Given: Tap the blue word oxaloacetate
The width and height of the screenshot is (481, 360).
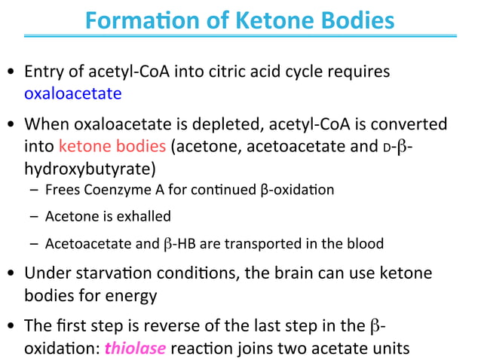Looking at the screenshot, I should (x=72, y=94).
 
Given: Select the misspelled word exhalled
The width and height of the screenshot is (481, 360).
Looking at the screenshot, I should (x=145, y=216).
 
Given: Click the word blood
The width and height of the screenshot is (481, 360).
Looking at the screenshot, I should (x=366, y=243).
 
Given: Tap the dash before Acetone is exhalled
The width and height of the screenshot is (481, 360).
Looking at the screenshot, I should (x=35, y=217).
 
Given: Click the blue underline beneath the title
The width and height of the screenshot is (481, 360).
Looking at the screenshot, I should (x=240, y=35).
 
